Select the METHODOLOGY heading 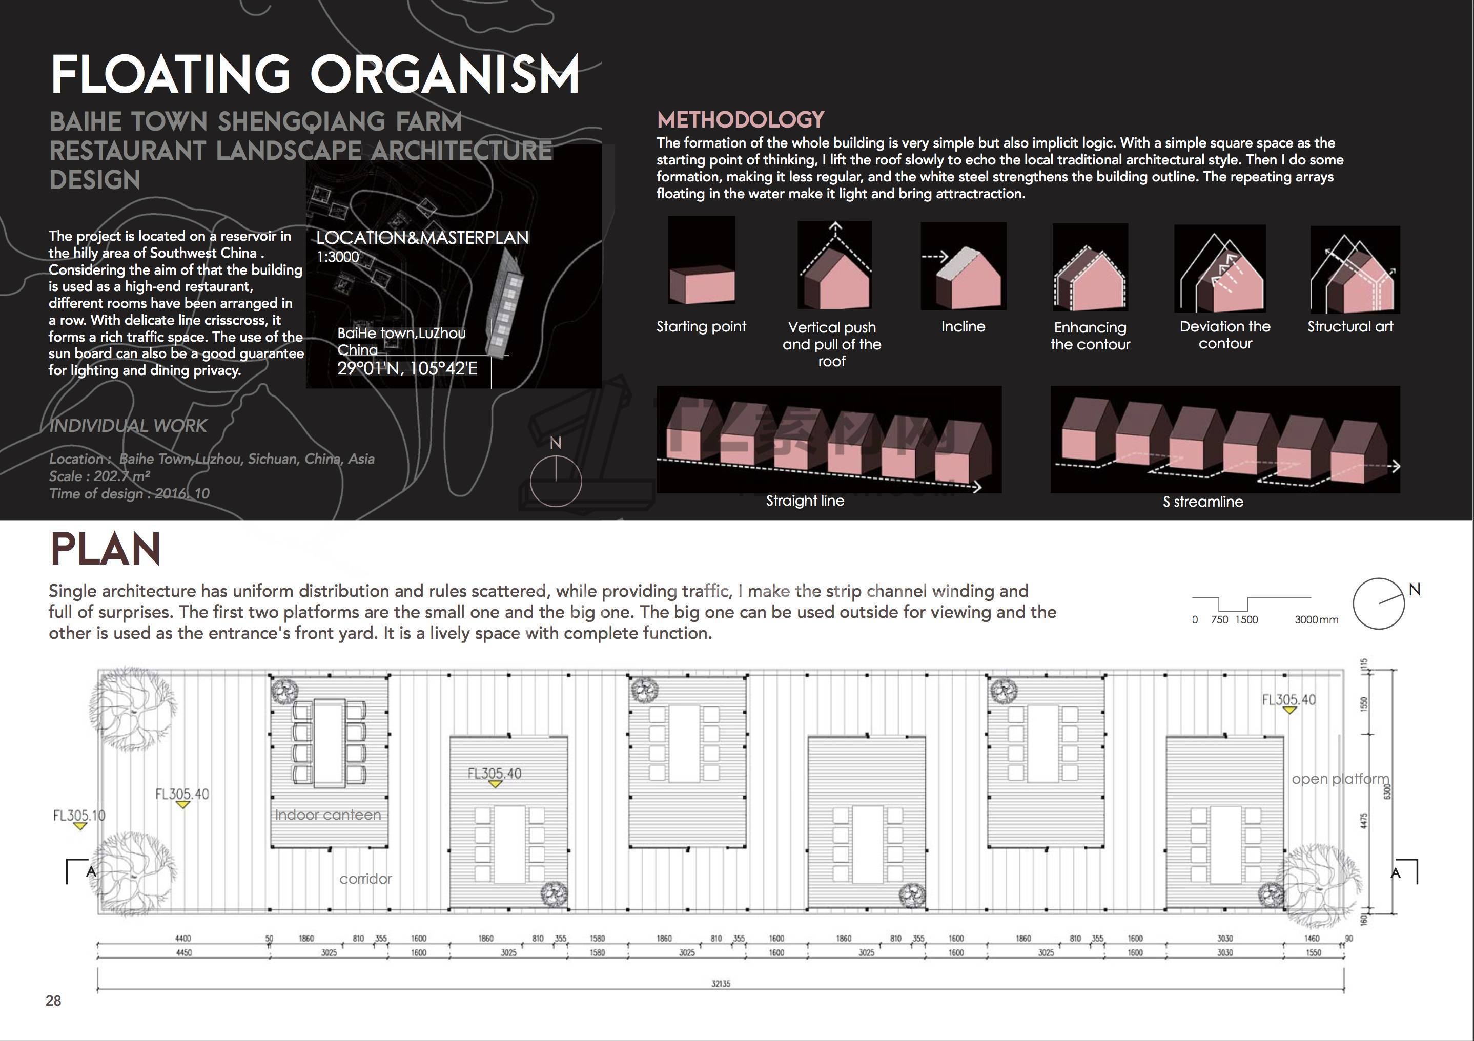point(740,120)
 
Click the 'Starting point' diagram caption point(701,327)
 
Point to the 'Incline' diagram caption point(963,327)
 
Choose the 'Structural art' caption point(1350,327)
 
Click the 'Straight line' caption point(805,501)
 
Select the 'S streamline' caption point(1202,502)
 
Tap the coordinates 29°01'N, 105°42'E point(407,369)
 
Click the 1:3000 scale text point(338,257)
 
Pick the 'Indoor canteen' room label point(327,815)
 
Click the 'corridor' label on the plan point(365,879)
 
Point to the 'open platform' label point(1340,779)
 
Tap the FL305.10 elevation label point(78,816)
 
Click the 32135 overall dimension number point(720,983)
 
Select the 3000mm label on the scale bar point(1316,620)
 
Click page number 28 point(53,1001)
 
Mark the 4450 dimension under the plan point(183,953)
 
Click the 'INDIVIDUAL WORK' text point(128,426)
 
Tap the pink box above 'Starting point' point(702,285)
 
